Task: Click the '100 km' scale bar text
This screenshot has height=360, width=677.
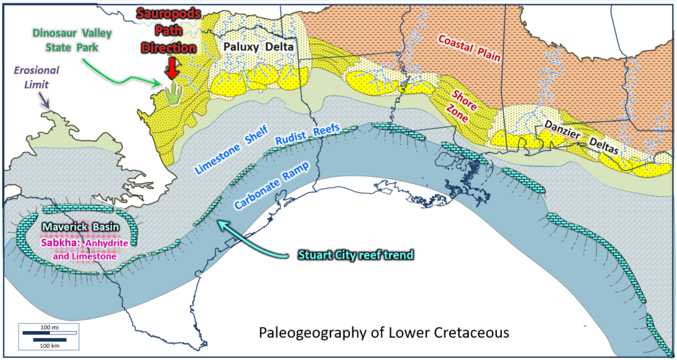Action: [48, 345]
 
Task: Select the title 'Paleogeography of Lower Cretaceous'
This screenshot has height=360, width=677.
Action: [383, 332]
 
